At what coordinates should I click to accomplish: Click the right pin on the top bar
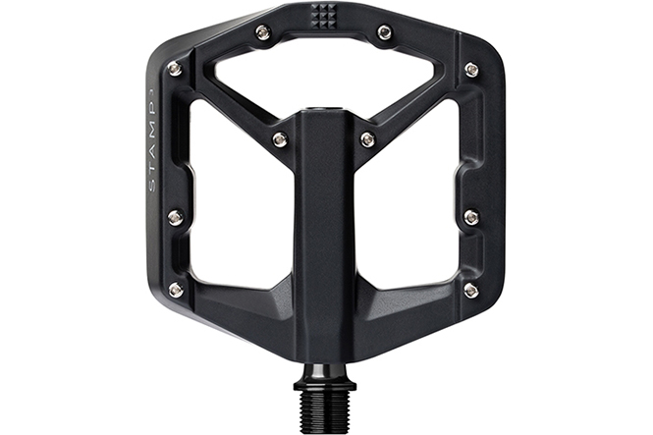click(x=384, y=31)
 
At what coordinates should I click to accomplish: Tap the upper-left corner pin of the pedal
click(x=176, y=69)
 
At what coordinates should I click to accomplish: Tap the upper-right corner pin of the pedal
click(x=470, y=69)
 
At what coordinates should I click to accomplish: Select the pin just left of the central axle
click(x=280, y=138)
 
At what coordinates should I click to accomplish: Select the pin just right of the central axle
click(x=367, y=138)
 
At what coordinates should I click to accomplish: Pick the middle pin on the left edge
click(x=176, y=216)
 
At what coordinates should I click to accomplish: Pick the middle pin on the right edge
click(x=471, y=216)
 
